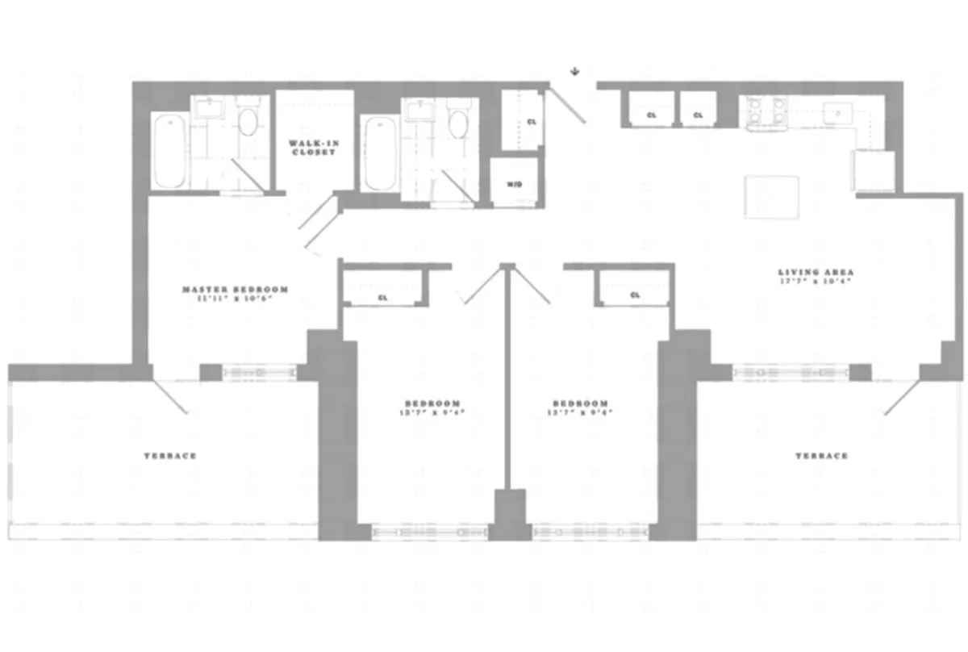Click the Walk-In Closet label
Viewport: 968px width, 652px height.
tap(313, 148)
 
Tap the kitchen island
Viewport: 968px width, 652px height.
tap(771, 196)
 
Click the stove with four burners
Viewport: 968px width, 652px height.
tap(766, 112)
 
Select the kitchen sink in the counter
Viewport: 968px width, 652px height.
tap(837, 113)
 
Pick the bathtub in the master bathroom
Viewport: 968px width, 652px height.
tap(169, 152)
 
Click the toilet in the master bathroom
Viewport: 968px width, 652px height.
tap(248, 122)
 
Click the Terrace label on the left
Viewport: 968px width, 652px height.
tap(170, 456)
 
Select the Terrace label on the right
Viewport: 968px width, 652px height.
tap(822, 456)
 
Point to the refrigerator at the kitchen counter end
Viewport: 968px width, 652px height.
tap(873, 169)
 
